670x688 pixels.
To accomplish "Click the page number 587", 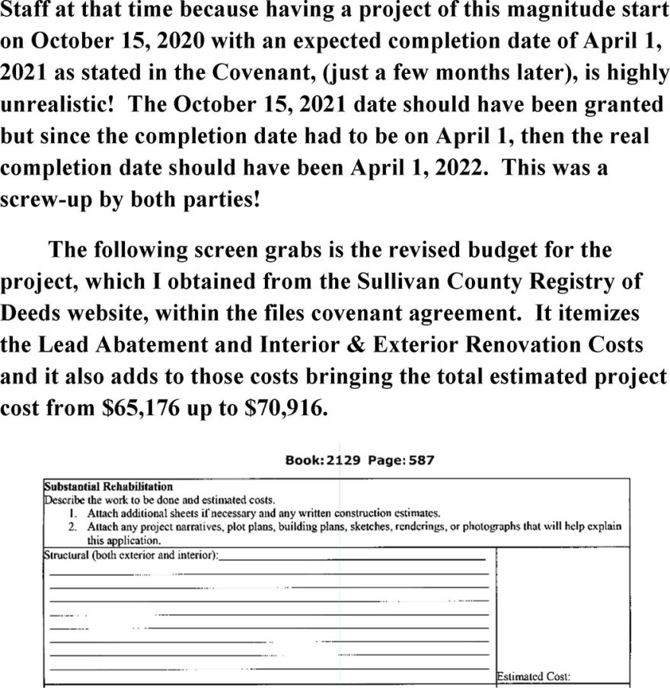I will tap(420, 460).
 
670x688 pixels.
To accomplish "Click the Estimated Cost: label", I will tap(534, 675).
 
